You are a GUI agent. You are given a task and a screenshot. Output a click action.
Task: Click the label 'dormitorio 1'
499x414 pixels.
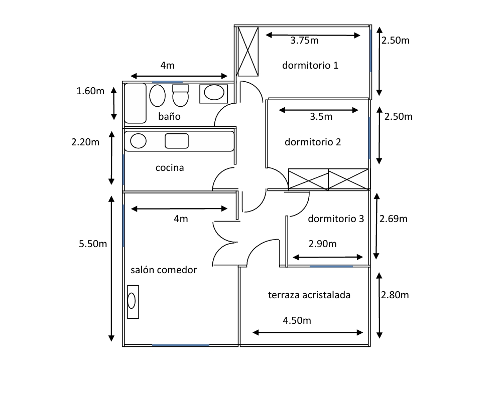click(x=310, y=65)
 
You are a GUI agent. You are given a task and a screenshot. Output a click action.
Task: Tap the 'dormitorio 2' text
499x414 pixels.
click(x=313, y=142)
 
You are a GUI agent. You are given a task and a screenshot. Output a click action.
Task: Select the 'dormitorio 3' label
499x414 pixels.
click(x=335, y=219)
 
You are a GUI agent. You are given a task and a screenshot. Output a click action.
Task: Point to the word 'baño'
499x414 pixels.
click(x=169, y=117)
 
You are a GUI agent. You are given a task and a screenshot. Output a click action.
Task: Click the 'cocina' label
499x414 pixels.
click(x=170, y=168)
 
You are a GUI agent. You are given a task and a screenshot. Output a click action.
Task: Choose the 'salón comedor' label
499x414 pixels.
click(x=164, y=270)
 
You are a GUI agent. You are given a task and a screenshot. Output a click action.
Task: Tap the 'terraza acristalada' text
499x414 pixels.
click(x=309, y=295)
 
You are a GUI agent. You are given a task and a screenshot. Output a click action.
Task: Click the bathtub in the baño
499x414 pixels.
click(x=135, y=103)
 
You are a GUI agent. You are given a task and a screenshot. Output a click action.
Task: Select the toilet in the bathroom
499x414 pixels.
click(x=180, y=95)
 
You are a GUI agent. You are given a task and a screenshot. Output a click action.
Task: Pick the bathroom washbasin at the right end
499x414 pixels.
click(x=214, y=93)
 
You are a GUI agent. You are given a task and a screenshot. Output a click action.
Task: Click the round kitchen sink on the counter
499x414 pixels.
click(x=138, y=141)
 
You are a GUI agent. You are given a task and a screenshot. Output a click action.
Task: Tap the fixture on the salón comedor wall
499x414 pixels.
click(x=132, y=301)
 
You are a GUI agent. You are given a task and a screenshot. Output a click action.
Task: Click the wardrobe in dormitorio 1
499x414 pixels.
click(x=247, y=51)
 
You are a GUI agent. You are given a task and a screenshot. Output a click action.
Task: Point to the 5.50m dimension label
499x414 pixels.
click(x=93, y=244)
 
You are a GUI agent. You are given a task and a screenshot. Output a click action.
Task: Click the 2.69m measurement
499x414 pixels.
click(x=394, y=219)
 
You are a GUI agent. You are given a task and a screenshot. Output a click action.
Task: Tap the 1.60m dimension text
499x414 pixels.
click(x=90, y=91)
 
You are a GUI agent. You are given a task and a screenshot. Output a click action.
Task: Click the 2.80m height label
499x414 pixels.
click(x=395, y=295)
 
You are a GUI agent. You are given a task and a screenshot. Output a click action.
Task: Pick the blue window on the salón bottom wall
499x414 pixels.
click(x=181, y=345)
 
